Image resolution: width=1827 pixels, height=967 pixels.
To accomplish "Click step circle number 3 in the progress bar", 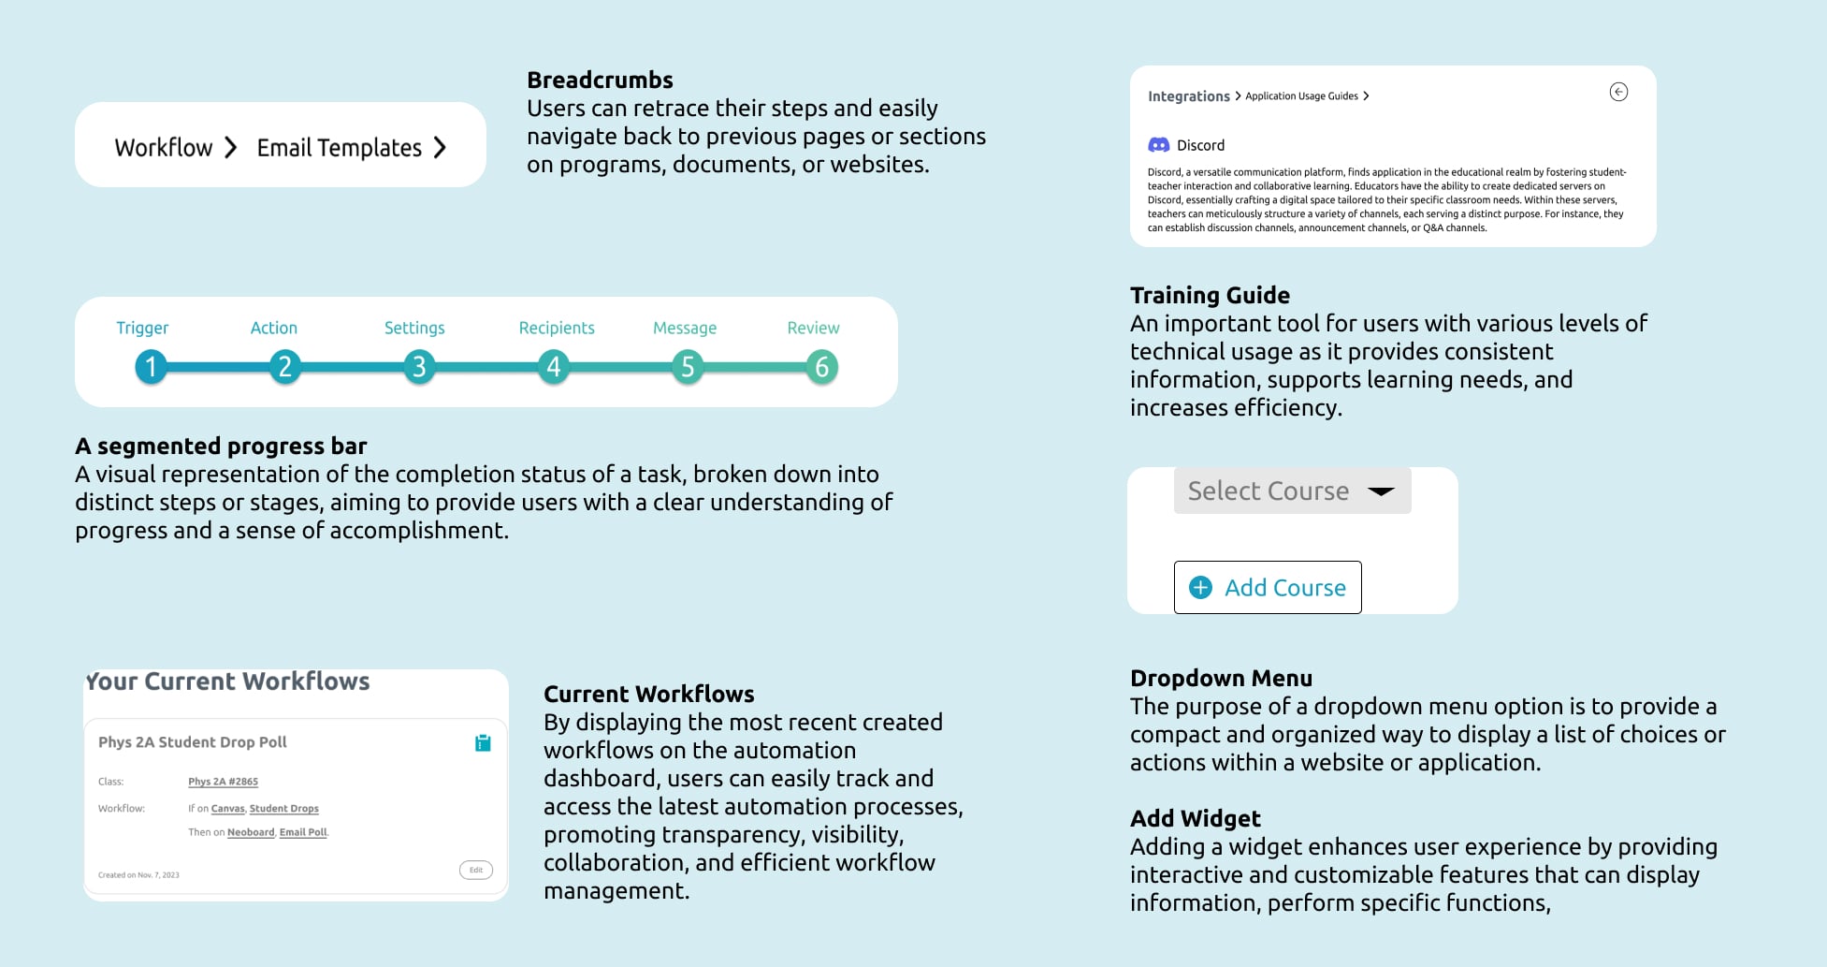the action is click(419, 367).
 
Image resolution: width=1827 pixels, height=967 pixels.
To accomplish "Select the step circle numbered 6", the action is click(821, 367).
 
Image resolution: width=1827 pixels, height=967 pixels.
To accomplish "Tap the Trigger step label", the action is click(142, 328).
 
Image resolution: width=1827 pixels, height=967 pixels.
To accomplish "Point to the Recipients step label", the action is click(557, 328).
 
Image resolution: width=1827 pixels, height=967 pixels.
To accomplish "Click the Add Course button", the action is click(1268, 587).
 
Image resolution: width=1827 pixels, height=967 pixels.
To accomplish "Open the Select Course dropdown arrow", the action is click(1381, 491).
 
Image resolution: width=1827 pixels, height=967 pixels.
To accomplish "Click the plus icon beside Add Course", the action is click(1200, 587).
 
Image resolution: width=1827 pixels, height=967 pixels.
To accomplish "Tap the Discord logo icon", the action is click(1159, 145).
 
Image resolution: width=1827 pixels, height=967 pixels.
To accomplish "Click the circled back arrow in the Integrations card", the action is click(1618, 92).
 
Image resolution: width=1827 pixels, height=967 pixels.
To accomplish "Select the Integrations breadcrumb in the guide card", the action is click(1188, 96).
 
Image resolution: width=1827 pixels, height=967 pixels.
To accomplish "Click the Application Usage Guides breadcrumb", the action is click(1301, 96).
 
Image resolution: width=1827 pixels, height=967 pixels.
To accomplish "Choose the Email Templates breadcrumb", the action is click(339, 148).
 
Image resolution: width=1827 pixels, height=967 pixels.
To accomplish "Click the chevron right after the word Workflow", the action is click(231, 148).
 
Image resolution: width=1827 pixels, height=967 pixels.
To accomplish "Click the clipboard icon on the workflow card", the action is click(483, 742).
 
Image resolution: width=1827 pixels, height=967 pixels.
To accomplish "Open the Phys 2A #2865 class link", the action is click(223, 782).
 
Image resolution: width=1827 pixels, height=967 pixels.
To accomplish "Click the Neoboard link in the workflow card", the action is click(251, 832).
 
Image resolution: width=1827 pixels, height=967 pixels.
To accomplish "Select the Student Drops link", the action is click(283, 809).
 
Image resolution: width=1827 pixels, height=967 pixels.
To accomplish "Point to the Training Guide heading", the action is click(1210, 296).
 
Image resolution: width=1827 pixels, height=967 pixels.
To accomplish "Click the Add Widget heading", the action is click(1195, 819).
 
